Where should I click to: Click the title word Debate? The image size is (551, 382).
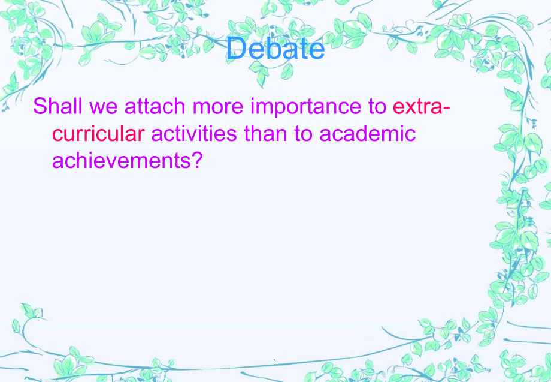pos(276,49)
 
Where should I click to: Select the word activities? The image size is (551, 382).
pos(195,133)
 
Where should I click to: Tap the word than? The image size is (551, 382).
pos(267,133)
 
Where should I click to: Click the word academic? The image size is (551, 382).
pos(367,133)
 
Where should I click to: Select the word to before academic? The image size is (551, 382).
pos(305,133)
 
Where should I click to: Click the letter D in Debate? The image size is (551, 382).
pos(235,49)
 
